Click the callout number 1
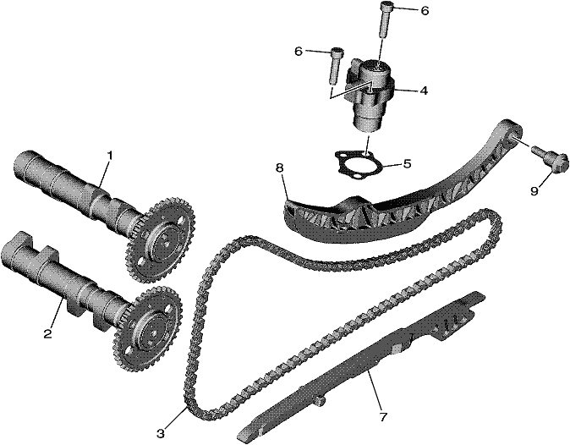(x=109, y=156)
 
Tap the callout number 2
(x=47, y=333)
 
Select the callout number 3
(x=161, y=433)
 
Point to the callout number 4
(x=424, y=91)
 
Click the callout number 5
(x=407, y=163)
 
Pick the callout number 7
(x=383, y=416)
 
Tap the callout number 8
(x=279, y=168)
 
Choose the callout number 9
(x=534, y=190)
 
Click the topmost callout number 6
(x=425, y=11)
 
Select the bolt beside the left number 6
(x=336, y=66)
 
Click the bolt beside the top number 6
(x=386, y=19)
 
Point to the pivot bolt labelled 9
(x=550, y=159)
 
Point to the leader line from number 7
(x=375, y=389)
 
